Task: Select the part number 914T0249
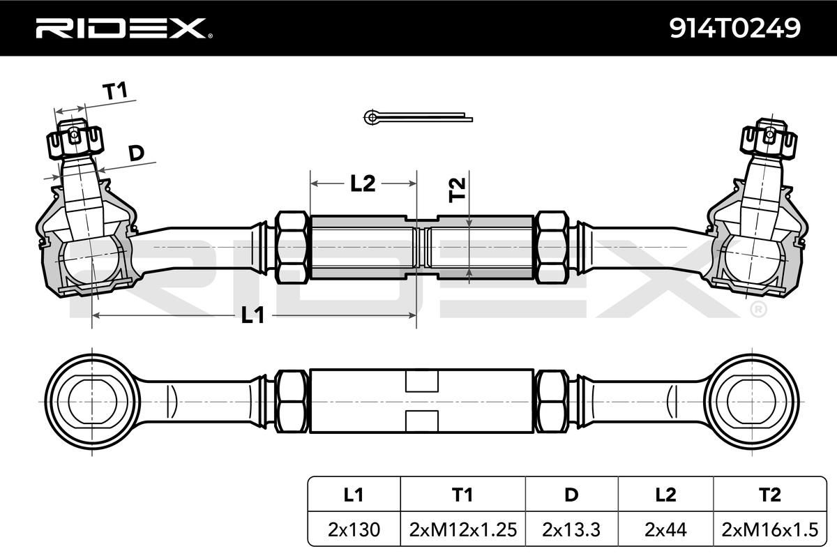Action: coord(734,28)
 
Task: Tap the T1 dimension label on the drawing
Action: coord(115,91)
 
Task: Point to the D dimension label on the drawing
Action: coord(137,153)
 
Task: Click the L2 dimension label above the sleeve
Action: coord(363,183)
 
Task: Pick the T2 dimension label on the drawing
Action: coord(456,190)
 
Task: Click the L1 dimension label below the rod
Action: coord(252,316)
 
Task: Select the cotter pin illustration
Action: coord(417,117)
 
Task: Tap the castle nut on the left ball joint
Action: coord(75,141)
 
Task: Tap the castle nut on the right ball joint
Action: coord(768,141)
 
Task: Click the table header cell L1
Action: coord(354,495)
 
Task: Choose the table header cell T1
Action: coord(462,495)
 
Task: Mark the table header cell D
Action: coord(571,495)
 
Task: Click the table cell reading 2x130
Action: coord(354,530)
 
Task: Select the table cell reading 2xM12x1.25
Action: coord(462,530)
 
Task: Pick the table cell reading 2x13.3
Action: coord(571,530)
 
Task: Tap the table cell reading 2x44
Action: coord(665,530)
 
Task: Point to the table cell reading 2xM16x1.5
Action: coord(769,530)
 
